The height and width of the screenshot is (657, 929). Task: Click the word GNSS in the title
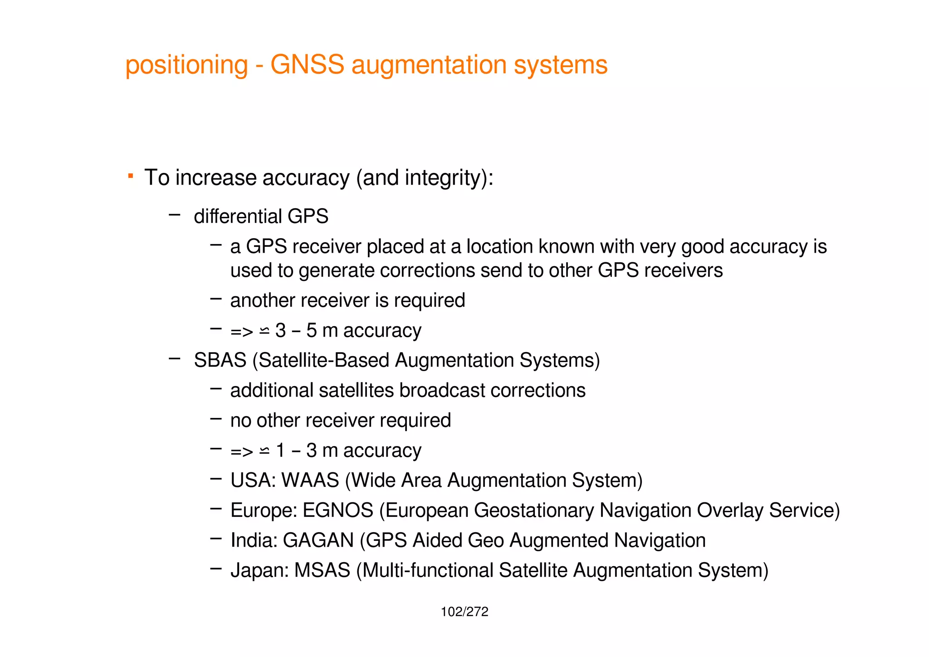[307, 64]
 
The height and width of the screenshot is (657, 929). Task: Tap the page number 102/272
[464, 612]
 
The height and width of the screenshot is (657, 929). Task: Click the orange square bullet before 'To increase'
[131, 176]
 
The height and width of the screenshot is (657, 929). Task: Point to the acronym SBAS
[220, 360]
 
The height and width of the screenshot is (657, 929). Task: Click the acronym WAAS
[310, 480]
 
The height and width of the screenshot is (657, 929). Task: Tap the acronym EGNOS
[338, 510]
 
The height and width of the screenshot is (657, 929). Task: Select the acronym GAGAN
[318, 540]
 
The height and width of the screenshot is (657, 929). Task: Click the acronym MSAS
[322, 570]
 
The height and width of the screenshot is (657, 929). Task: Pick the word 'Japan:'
[259, 570]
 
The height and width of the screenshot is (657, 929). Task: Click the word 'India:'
[254, 540]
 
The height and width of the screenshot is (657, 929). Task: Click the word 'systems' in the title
[561, 64]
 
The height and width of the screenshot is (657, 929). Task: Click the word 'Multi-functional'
[428, 570]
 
